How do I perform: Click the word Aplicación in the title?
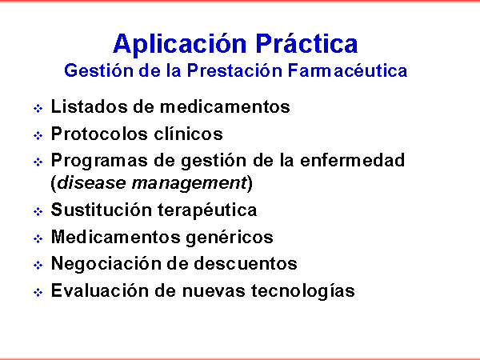[x=180, y=44]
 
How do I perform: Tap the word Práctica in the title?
[x=306, y=43]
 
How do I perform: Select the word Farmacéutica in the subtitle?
[x=347, y=70]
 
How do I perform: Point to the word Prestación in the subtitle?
[x=234, y=70]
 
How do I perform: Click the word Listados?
[x=89, y=106]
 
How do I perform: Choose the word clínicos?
[x=188, y=134]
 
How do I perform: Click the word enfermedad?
[x=352, y=160]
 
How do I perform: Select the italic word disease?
[x=91, y=182]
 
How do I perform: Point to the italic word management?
[x=189, y=184]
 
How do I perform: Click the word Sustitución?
[x=101, y=210]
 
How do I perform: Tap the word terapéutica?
[x=207, y=210]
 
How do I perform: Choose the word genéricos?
[x=230, y=238]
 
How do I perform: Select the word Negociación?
[x=119, y=264]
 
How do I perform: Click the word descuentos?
[x=246, y=263]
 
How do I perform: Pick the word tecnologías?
[x=303, y=291]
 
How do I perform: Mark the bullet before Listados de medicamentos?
[x=38, y=108]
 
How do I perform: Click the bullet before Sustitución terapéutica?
[x=38, y=211]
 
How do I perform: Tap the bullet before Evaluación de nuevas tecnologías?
[x=38, y=292]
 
